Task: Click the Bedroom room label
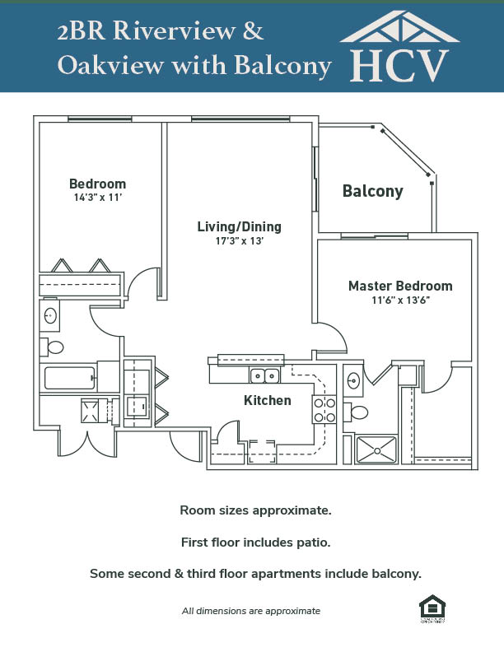[97, 184]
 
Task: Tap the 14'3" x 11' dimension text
[97, 198]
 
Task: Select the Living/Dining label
[239, 226]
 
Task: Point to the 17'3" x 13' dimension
[239, 241]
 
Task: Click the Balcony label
[373, 192]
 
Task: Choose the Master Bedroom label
[400, 286]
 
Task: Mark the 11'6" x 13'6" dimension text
[401, 300]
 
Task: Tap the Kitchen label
[268, 401]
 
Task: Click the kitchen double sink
[264, 376]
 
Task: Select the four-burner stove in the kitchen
[324, 410]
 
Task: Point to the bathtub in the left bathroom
[70, 378]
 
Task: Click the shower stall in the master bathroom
[376, 449]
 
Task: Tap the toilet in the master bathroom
[358, 412]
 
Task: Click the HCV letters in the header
[400, 64]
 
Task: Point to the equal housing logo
[430, 608]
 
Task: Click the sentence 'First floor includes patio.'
[255, 543]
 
